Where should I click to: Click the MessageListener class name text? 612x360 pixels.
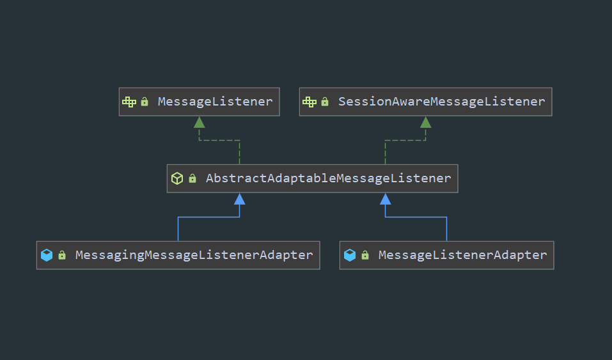click(215, 102)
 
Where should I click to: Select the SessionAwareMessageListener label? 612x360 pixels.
click(441, 102)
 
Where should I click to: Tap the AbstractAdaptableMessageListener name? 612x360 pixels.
click(328, 179)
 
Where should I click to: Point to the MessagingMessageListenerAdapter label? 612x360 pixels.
click(194, 255)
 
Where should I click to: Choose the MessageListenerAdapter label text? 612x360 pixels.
click(462, 255)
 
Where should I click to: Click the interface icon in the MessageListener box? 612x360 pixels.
click(129, 102)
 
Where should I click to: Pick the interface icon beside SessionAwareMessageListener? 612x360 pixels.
click(310, 102)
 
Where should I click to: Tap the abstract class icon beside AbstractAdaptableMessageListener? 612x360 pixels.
click(177, 178)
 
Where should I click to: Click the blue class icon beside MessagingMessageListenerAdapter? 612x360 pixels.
click(47, 255)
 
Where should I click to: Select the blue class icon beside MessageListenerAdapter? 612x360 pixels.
click(350, 255)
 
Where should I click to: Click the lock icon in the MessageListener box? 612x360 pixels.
click(145, 102)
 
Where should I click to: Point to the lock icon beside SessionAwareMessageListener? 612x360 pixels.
click(325, 102)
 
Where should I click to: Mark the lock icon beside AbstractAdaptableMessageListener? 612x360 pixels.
click(192, 178)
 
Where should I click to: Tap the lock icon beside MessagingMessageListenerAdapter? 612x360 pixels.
click(62, 255)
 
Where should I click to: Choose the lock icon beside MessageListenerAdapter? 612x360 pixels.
click(365, 255)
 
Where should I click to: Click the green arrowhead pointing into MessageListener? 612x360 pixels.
click(200, 122)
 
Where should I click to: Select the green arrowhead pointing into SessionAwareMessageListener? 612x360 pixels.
click(426, 122)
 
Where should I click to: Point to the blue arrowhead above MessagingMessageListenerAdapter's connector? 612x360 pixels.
click(240, 199)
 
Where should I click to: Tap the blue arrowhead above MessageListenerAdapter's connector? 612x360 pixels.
click(385, 199)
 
